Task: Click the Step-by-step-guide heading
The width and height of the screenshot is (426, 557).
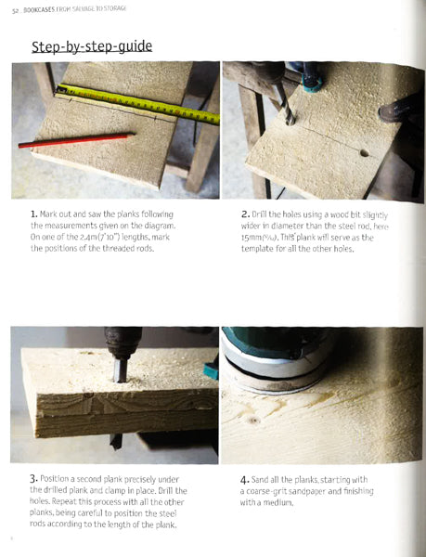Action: [x=92, y=45]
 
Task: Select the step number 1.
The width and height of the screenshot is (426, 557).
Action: [x=33, y=214]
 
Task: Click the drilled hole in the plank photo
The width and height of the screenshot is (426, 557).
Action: [x=364, y=151]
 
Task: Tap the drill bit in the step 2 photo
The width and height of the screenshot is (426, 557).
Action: [x=285, y=110]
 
